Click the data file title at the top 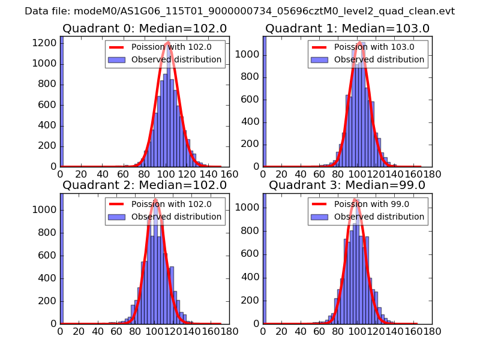[240, 11]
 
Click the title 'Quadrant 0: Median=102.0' [144, 28]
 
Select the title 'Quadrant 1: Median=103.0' [347, 28]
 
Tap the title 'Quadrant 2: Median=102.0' [144, 185]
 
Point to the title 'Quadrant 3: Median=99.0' [347, 185]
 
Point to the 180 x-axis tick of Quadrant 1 [433, 174]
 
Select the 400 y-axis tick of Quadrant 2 [49, 278]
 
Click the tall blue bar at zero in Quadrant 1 [265, 102]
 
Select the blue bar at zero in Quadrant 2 [62, 258]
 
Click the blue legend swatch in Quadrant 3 [319, 217]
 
